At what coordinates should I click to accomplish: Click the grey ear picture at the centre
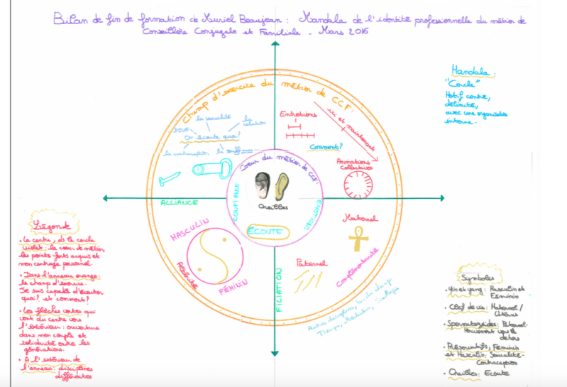click(x=262, y=186)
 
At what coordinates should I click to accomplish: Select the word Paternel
click(x=312, y=262)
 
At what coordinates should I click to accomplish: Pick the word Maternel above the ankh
click(x=356, y=216)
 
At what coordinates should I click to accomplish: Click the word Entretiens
click(x=297, y=114)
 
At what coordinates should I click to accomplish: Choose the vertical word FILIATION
click(x=279, y=292)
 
